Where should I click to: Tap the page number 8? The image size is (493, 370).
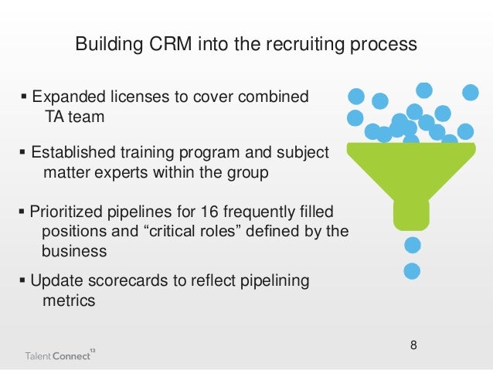click(x=413, y=343)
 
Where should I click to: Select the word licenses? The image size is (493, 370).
click(x=141, y=97)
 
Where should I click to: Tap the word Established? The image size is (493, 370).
click(x=73, y=153)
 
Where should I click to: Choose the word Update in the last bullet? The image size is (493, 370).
click(x=56, y=281)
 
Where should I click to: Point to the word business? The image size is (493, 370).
click(x=73, y=252)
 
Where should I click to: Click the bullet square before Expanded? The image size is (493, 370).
click(x=23, y=98)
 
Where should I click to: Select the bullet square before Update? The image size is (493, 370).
click(x=23, y=281)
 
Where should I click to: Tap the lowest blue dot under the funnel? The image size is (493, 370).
click(x=413, y=271)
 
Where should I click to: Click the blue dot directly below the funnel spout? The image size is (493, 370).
click(x=413, y=245)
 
